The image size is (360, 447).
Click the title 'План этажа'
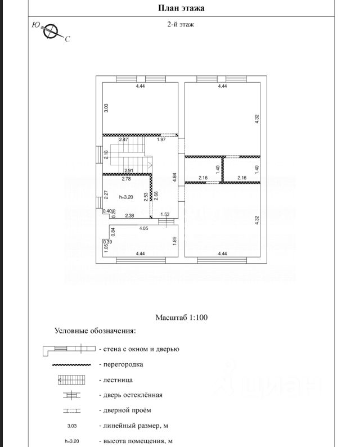pos(181,8)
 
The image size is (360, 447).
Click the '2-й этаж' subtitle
pos(181,25)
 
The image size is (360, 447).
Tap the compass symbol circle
pos(51,31)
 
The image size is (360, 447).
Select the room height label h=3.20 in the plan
pos(126,197)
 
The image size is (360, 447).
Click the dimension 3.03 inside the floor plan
pos(106,108)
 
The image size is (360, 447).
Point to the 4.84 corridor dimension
pos(174,177)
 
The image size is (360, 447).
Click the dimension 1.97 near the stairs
pos(161,139)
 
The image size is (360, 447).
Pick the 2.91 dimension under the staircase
pos(129,170)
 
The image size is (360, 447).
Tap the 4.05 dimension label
pos(143,228)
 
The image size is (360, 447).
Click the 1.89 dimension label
pos(174,241)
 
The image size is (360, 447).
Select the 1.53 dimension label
pos(165,214)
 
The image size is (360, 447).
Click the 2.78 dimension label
pos(126,179)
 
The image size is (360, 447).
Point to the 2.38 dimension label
pos(129,216)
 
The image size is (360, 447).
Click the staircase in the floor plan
pos(130,155)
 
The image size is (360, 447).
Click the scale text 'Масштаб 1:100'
pos(182,317)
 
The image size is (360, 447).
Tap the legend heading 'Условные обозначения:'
pos(95,331)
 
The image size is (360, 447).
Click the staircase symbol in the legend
pos(71,380)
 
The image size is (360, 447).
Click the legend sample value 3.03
pos(72,426)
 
